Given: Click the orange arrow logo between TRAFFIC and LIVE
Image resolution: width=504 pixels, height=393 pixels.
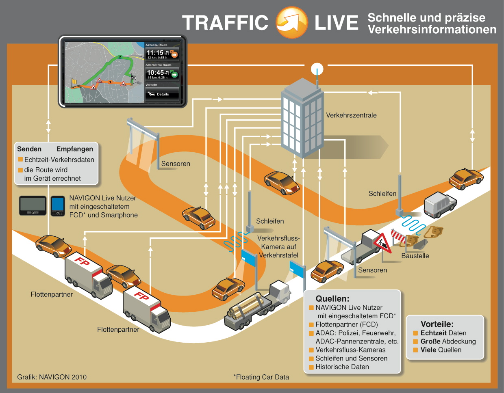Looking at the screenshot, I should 291,22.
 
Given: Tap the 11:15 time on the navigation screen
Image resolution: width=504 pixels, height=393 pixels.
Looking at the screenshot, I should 155,53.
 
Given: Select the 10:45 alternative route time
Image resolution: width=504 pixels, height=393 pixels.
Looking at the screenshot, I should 156,73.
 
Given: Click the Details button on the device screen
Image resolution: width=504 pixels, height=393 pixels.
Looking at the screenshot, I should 162,94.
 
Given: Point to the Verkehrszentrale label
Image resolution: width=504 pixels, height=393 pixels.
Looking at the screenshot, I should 351,115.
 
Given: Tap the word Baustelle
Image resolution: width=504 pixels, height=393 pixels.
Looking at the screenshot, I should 415,256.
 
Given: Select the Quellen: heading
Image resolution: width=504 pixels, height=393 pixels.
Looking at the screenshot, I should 332,299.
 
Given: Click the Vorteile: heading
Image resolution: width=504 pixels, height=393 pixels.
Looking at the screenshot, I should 437,324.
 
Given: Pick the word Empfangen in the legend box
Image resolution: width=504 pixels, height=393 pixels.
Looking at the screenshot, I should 75,149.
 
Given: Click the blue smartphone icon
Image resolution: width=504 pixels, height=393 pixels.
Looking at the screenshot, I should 58,205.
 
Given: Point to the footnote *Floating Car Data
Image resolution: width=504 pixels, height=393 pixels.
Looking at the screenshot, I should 261,377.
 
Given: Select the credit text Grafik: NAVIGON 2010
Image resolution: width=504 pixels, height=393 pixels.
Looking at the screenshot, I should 52,377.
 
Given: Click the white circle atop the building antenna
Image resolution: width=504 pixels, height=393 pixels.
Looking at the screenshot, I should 317,69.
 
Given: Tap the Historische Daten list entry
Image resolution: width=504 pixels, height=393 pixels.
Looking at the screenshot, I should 342,367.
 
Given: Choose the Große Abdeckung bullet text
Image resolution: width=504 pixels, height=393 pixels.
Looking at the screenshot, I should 448,341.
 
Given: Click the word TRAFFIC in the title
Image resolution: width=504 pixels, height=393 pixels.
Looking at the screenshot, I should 225,23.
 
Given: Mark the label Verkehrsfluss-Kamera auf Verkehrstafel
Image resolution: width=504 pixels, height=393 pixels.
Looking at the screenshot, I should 278,247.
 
